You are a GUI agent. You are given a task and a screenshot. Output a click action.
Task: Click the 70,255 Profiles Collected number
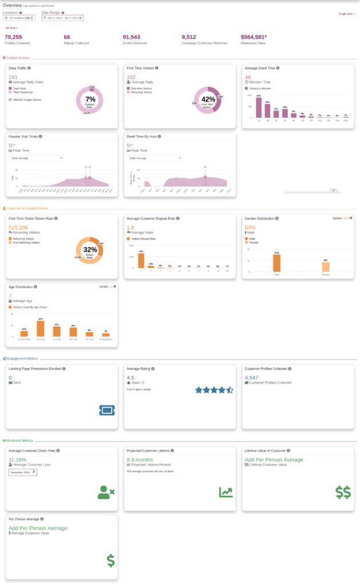[x=14, y=37]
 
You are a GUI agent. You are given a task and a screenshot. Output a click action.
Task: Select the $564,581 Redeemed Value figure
[x=254, y=37]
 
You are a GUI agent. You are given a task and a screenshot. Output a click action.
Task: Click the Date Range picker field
[x=63, y=18]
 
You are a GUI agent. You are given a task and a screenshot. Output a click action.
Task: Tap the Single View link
[x=346, y=14]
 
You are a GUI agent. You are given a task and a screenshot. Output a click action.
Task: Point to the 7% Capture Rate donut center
[x=90, y=100]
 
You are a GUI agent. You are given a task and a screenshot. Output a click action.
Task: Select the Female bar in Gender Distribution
[x=326, y=267]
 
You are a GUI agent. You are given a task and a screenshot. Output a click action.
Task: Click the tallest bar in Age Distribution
[x=41, y=328]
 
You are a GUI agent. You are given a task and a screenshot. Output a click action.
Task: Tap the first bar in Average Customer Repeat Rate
[x=141, y=260]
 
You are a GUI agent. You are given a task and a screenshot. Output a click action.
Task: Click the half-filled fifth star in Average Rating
[x=230, y=390]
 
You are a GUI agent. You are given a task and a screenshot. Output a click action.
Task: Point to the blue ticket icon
[x=107, y=410]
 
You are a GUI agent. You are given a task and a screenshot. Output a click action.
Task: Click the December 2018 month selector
[x=22, y=472]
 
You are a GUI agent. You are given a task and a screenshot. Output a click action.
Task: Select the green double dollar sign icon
[x=343, y=492]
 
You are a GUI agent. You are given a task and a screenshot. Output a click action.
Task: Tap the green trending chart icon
[x=226, y=492]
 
